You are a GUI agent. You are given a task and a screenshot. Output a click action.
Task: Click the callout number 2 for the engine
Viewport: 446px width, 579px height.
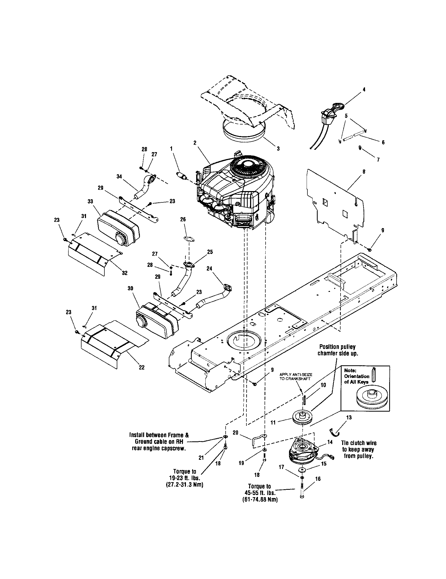tap(195, 143)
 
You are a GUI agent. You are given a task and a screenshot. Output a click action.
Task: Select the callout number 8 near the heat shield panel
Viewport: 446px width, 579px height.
tap(364, 172)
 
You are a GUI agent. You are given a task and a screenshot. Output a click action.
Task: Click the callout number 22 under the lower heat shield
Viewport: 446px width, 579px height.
tap(142, 367)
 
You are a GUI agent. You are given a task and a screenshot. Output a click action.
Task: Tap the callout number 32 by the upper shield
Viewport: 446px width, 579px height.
tap(124, 273)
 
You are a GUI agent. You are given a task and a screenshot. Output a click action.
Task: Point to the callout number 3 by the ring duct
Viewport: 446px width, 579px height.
tap(278, 149)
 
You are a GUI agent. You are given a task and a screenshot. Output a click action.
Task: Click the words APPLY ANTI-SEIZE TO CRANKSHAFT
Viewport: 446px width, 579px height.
tap(296, 377)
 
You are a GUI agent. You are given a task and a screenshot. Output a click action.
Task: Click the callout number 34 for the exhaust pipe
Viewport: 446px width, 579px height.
tap(119, 177)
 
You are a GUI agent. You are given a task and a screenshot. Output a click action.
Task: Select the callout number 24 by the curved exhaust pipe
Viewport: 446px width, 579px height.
tap(209, 268)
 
